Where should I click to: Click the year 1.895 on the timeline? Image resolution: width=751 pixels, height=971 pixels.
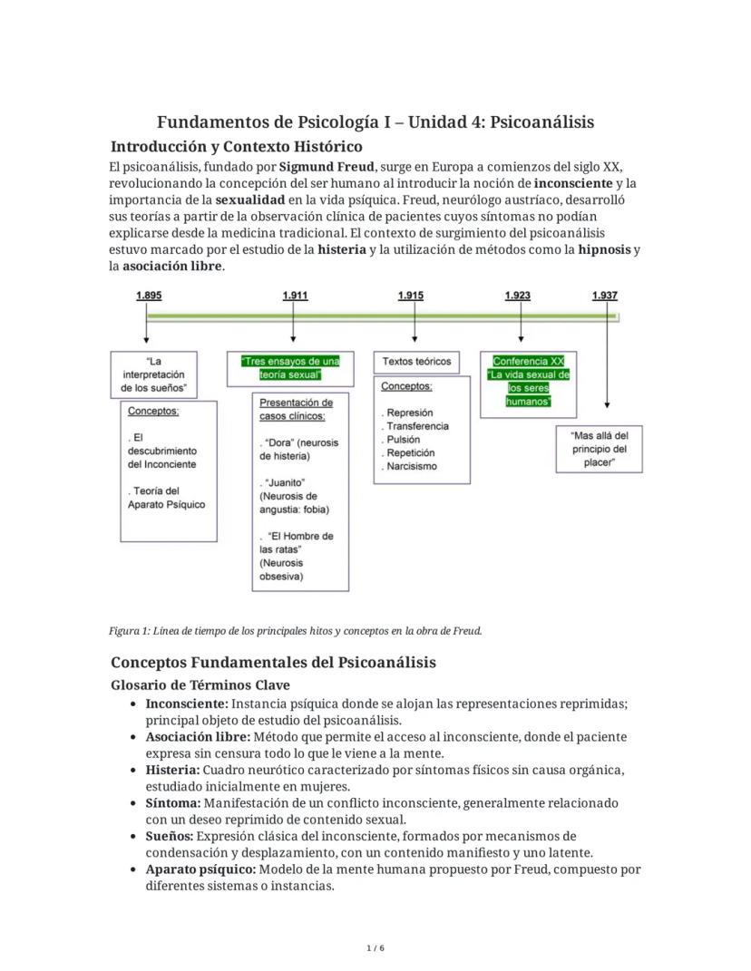point(150,296)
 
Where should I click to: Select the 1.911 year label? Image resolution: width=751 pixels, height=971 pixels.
point(295,296)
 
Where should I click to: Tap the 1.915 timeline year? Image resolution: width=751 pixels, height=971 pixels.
point(410,296)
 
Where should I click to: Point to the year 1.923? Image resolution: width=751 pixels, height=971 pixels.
point(518,296)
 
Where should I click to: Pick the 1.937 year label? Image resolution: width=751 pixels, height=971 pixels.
point(604,296)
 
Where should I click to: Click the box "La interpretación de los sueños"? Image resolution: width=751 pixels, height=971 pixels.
point(153,374)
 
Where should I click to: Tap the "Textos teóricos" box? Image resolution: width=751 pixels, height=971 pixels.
point(416,361)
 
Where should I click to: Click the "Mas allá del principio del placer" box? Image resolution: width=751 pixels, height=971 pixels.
point(600,449)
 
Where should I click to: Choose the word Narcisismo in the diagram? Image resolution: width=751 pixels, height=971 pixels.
point(412,466)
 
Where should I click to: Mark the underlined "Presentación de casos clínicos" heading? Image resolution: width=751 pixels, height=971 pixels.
point(296,409)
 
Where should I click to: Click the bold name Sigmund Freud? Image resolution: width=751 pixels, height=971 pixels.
point(327,167)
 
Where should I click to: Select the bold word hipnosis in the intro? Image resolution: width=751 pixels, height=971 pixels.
point(604,249)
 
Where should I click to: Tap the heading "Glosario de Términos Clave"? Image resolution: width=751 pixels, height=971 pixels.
point(200,685)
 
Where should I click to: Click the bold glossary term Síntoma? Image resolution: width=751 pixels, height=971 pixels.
point(173,802)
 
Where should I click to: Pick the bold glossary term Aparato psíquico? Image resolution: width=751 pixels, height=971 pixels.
point(200,869)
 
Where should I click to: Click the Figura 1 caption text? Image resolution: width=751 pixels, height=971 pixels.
point(295,630)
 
